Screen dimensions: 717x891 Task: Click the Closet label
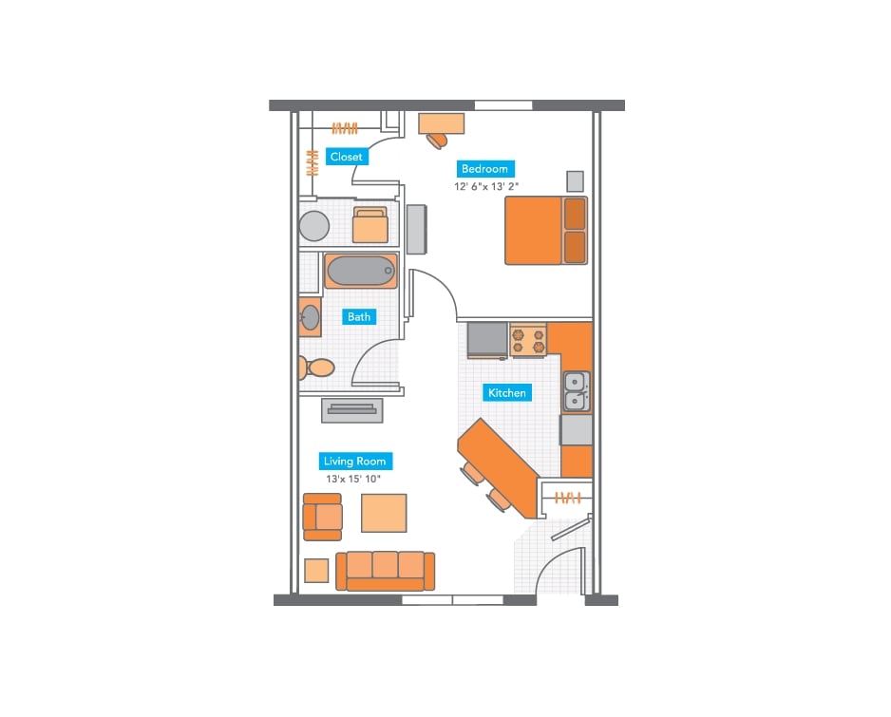pos(346,157)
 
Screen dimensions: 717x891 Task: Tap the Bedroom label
pos(484,169)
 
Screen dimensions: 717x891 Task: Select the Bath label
pos(359,316)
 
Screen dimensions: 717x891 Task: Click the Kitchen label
pos(506,392)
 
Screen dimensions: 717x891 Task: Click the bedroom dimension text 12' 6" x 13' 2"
pos(487,187)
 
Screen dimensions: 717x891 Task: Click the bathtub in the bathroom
pos(360,272)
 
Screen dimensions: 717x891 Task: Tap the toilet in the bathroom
pos(316,367)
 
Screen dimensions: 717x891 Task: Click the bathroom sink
pos(310,318)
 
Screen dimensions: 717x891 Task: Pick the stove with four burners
pos(529,340)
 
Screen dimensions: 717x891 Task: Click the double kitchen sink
pos(575,391)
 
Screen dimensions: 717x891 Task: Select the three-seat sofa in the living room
pos(385,570)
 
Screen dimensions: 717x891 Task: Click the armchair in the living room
pos(322,517)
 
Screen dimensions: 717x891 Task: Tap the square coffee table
pos(384,513)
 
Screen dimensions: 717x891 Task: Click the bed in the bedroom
pos(545,231)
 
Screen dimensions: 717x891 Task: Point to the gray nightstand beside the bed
pos(575,181)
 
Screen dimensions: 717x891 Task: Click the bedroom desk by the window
pos(442,123)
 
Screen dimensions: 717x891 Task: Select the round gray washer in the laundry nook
pos(313,227)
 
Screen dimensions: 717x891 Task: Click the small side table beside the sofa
pos(316,571)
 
